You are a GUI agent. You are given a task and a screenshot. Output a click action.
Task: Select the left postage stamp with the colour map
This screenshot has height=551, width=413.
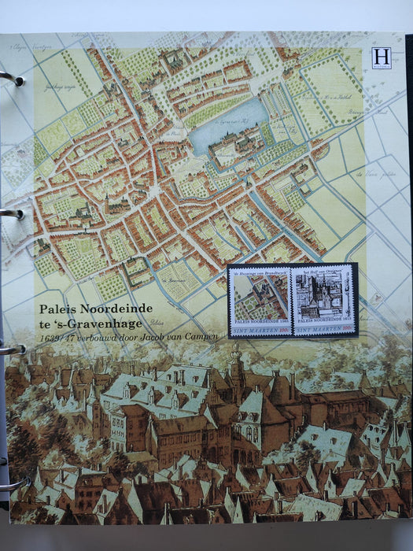[259, 301]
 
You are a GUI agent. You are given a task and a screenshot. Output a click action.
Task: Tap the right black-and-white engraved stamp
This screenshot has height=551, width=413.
[323, 301]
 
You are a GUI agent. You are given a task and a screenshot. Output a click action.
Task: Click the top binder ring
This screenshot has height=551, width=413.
[10, 78]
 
